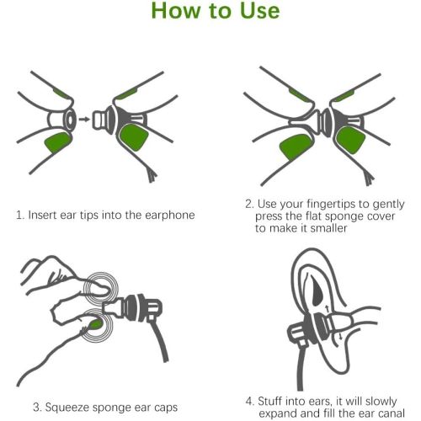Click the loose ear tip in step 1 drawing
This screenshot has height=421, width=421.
pos(64,119)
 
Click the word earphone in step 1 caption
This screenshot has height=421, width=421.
pos(168,215)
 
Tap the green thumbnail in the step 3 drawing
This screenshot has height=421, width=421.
pos(97,321)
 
